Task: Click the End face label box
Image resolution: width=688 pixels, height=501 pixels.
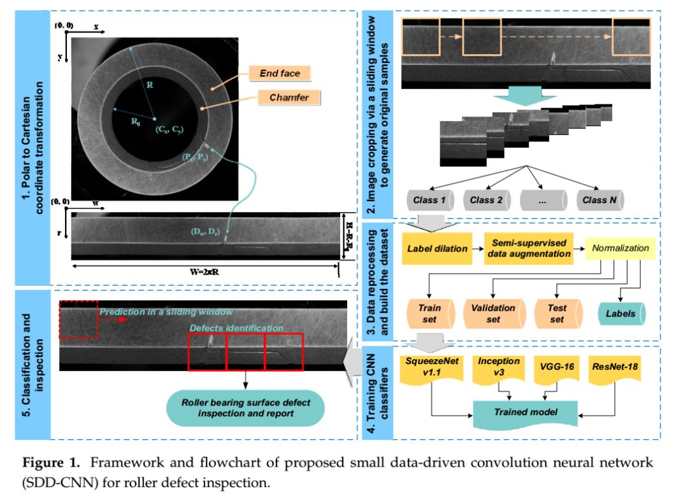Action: click(280, 74)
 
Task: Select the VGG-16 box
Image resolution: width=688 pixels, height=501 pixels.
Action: click(556, 370)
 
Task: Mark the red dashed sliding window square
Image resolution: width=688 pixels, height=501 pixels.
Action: click(78, 319)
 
